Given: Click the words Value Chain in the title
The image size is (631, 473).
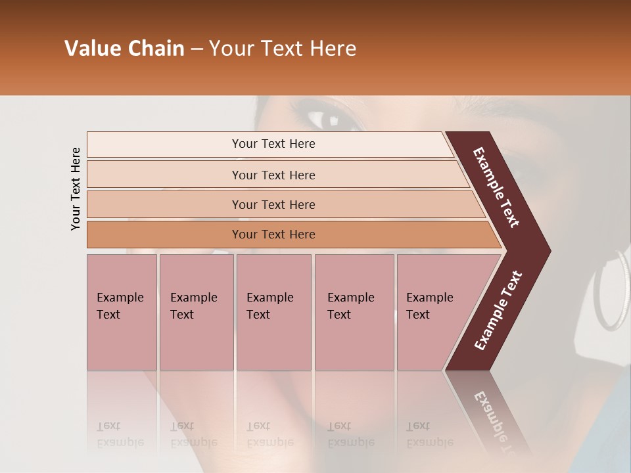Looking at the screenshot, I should pos(124,49).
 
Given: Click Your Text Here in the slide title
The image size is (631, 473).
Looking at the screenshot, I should pos(283,49).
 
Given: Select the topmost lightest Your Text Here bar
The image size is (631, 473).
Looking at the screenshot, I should pos(273,144).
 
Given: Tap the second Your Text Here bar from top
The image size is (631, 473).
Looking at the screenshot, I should pos(273,175).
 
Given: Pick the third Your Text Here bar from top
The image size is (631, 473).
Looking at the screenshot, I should pos(273,204).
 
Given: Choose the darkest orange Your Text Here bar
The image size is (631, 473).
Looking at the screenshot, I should pos(273,235).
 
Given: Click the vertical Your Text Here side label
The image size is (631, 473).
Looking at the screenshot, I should pos(76,189).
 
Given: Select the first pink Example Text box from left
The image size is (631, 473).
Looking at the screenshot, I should pos(122,312).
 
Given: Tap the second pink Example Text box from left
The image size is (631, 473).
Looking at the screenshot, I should pos(196,312).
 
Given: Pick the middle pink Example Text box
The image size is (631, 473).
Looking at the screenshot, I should pos(273,312).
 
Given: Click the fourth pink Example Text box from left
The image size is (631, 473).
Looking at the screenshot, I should pos(354,312).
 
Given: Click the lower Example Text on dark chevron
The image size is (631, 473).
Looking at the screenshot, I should pos(498,310).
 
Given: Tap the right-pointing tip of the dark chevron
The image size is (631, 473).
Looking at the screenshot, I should pos(547,251).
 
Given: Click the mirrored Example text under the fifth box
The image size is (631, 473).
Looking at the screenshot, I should pos(429,434).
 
